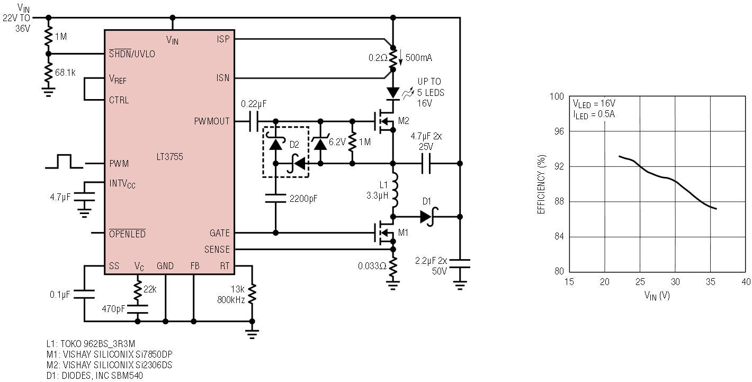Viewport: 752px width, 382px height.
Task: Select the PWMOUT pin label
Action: click(212, 121)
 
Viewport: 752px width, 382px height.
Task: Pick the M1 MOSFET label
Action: click(404, 233)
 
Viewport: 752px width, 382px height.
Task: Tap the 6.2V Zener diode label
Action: click(337, 142)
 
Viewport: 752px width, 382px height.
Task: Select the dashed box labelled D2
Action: click(286, 152)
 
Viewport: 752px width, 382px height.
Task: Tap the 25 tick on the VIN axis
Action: click(640, 281)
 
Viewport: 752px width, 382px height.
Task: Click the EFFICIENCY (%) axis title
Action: click(541, 184)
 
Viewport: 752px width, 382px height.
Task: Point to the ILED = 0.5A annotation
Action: click(593, 114)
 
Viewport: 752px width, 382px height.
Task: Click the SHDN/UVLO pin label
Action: click(132, 54)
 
